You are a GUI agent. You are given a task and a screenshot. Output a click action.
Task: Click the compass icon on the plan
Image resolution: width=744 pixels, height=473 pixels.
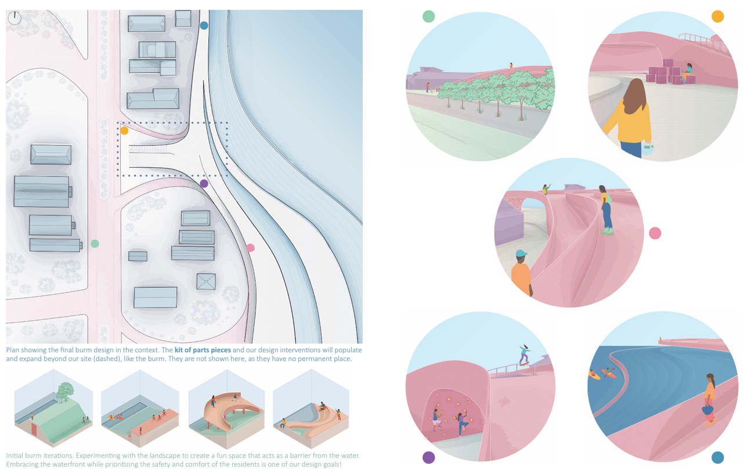pyautogui.click(x=15, y=18)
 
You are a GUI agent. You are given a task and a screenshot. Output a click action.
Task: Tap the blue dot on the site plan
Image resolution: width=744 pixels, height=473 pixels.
pyautogui.click(x=204, y=26)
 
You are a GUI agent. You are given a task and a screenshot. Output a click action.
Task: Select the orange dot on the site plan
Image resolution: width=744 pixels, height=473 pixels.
pyautogui.click(x=124, y=131)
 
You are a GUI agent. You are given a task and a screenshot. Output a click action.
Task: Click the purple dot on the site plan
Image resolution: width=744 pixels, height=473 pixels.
pyautogui.click(x=204, y=183)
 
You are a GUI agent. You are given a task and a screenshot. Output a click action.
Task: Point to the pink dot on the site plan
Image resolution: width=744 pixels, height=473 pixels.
pyautogui.click(x=250, y=248)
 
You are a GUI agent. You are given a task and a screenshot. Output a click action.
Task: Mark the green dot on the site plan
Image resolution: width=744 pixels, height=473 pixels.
pyautogui.click(x=95, y=244)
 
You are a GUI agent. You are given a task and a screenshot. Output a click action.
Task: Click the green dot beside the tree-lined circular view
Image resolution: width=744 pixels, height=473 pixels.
pyautogui.click(x=428, y=16)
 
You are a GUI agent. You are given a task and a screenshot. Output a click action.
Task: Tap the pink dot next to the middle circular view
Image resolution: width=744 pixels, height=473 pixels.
pyautogui.click(x=655, y=233)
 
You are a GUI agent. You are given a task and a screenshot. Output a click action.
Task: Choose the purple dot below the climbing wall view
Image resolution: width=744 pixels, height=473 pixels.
pyautogui.click(x=429, y=457)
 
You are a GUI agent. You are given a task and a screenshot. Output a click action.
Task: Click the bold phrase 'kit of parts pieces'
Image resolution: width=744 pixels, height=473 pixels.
pyautogui.click(x=203, y=350)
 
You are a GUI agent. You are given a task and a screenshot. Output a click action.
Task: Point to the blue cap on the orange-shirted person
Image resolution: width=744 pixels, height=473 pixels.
pyautogui.click(x=521, y=254)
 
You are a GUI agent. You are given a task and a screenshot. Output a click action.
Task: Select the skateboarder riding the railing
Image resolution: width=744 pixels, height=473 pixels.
pyautogui.click(x=525, y=353)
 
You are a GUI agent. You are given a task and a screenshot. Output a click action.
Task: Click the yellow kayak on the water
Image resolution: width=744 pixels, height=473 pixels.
pyautogui.click(x=595, y=375)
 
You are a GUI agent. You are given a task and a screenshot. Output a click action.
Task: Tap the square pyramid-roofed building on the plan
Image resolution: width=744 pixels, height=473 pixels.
pyautogui.click(x=206, y=281)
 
